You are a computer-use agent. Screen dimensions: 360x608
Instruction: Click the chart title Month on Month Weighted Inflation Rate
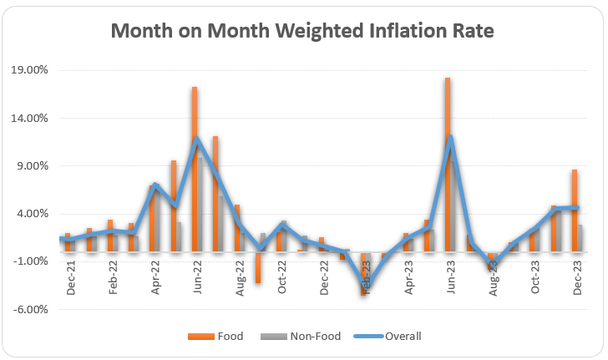click(302, 31)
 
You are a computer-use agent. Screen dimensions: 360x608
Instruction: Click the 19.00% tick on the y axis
click(30, 70)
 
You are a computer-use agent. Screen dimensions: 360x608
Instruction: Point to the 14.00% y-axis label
click(30, 118)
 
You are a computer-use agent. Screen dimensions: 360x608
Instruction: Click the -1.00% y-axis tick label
click(32, 261)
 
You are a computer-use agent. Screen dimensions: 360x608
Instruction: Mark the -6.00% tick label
click(32, 309)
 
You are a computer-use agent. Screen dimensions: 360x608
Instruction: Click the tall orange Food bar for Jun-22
click(194, 167)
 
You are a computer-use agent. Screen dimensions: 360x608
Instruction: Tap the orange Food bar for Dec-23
click(575, 209)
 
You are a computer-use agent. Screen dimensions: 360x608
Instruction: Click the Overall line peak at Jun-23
click(451, 138)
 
